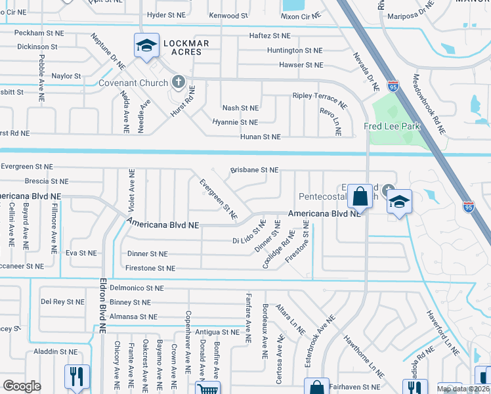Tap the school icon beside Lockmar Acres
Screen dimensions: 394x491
146,45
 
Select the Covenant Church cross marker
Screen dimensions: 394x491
177,83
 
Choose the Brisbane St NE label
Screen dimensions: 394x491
254,169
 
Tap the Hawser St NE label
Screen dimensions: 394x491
301,65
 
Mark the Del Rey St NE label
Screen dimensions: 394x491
62,302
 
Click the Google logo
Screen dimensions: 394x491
22,386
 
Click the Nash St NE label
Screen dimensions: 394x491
240,108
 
